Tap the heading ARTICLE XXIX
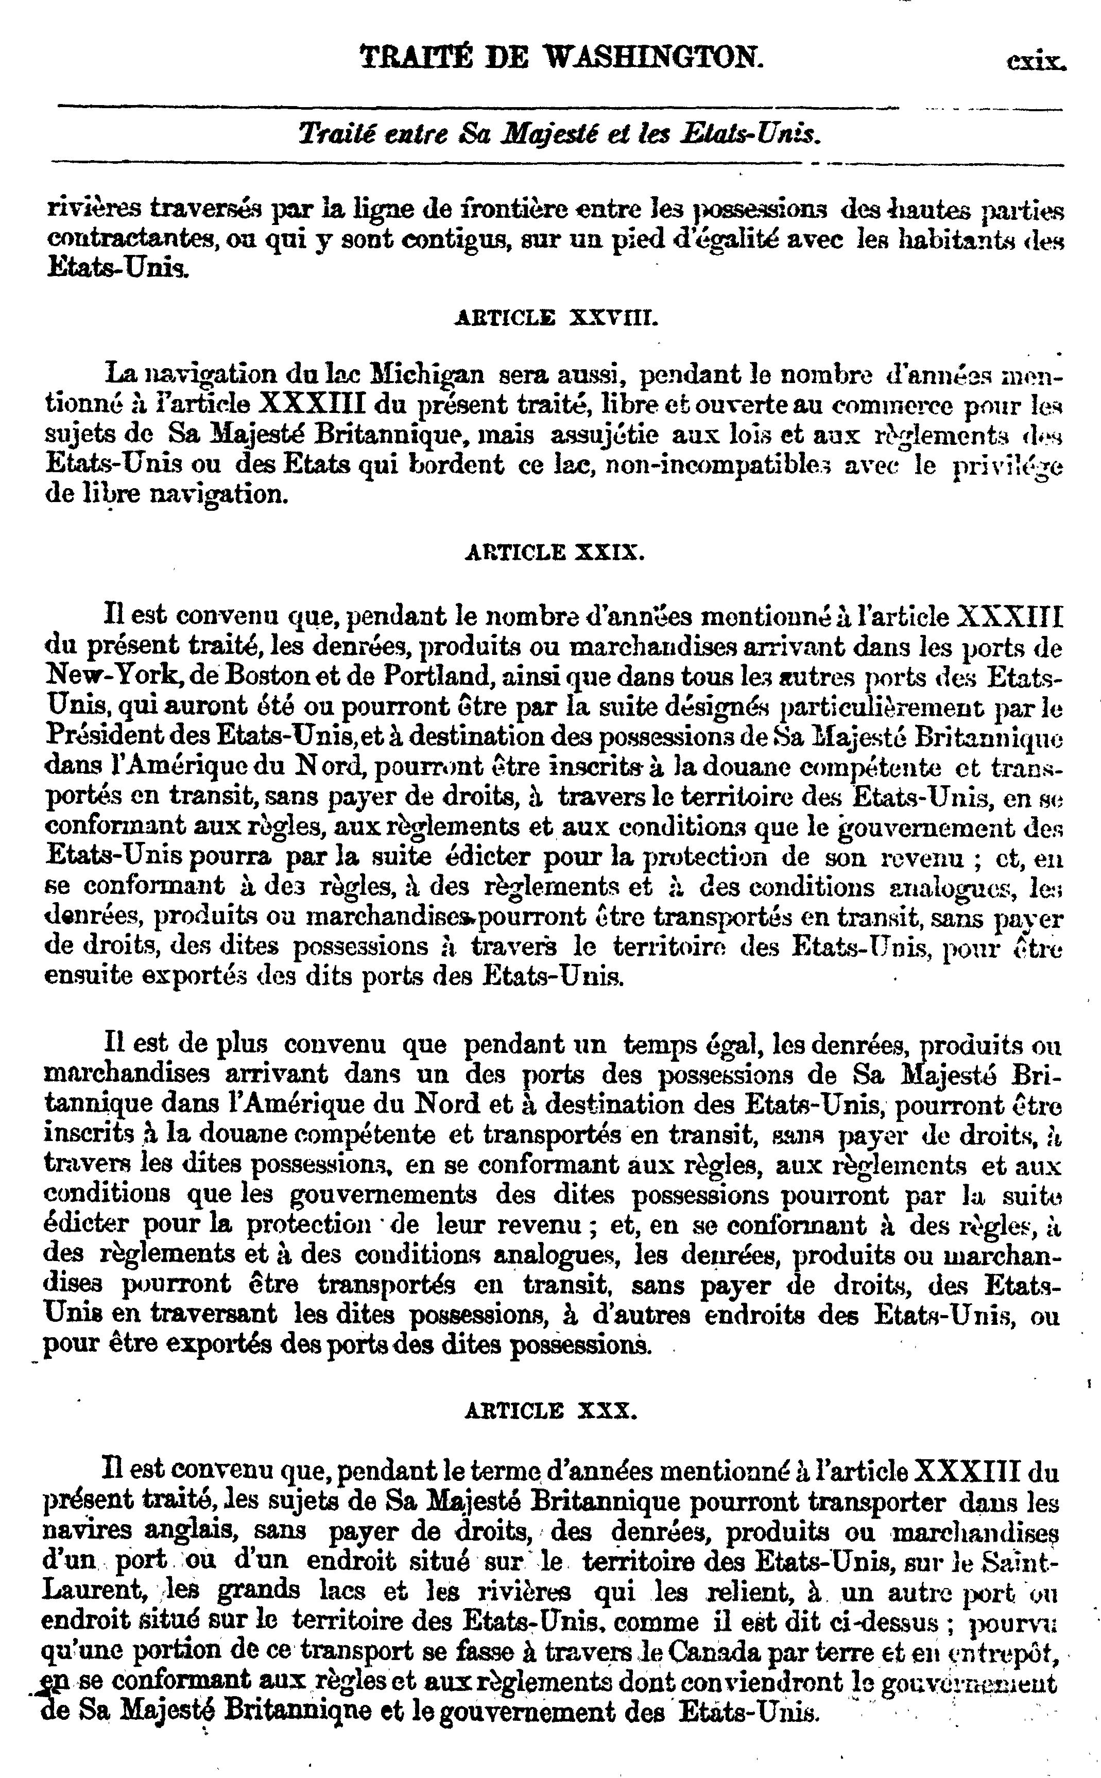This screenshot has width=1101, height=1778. click(554, 552)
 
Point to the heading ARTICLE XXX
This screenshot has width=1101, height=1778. click(551, 1411)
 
